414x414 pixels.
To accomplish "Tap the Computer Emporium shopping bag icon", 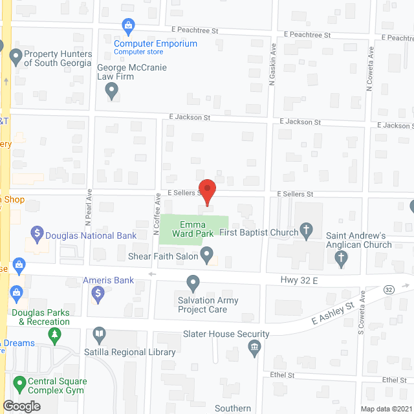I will click(x=128, y=27).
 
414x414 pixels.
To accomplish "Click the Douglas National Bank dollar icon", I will click(x=37, y=232).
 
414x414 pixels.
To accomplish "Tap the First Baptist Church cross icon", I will click(x=307, y=230).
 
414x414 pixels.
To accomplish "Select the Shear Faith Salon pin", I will click(x=207, y=254).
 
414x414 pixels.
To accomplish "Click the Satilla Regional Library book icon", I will click(x=98, y=335).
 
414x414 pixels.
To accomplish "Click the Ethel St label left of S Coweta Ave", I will click(x=283, y=375).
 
